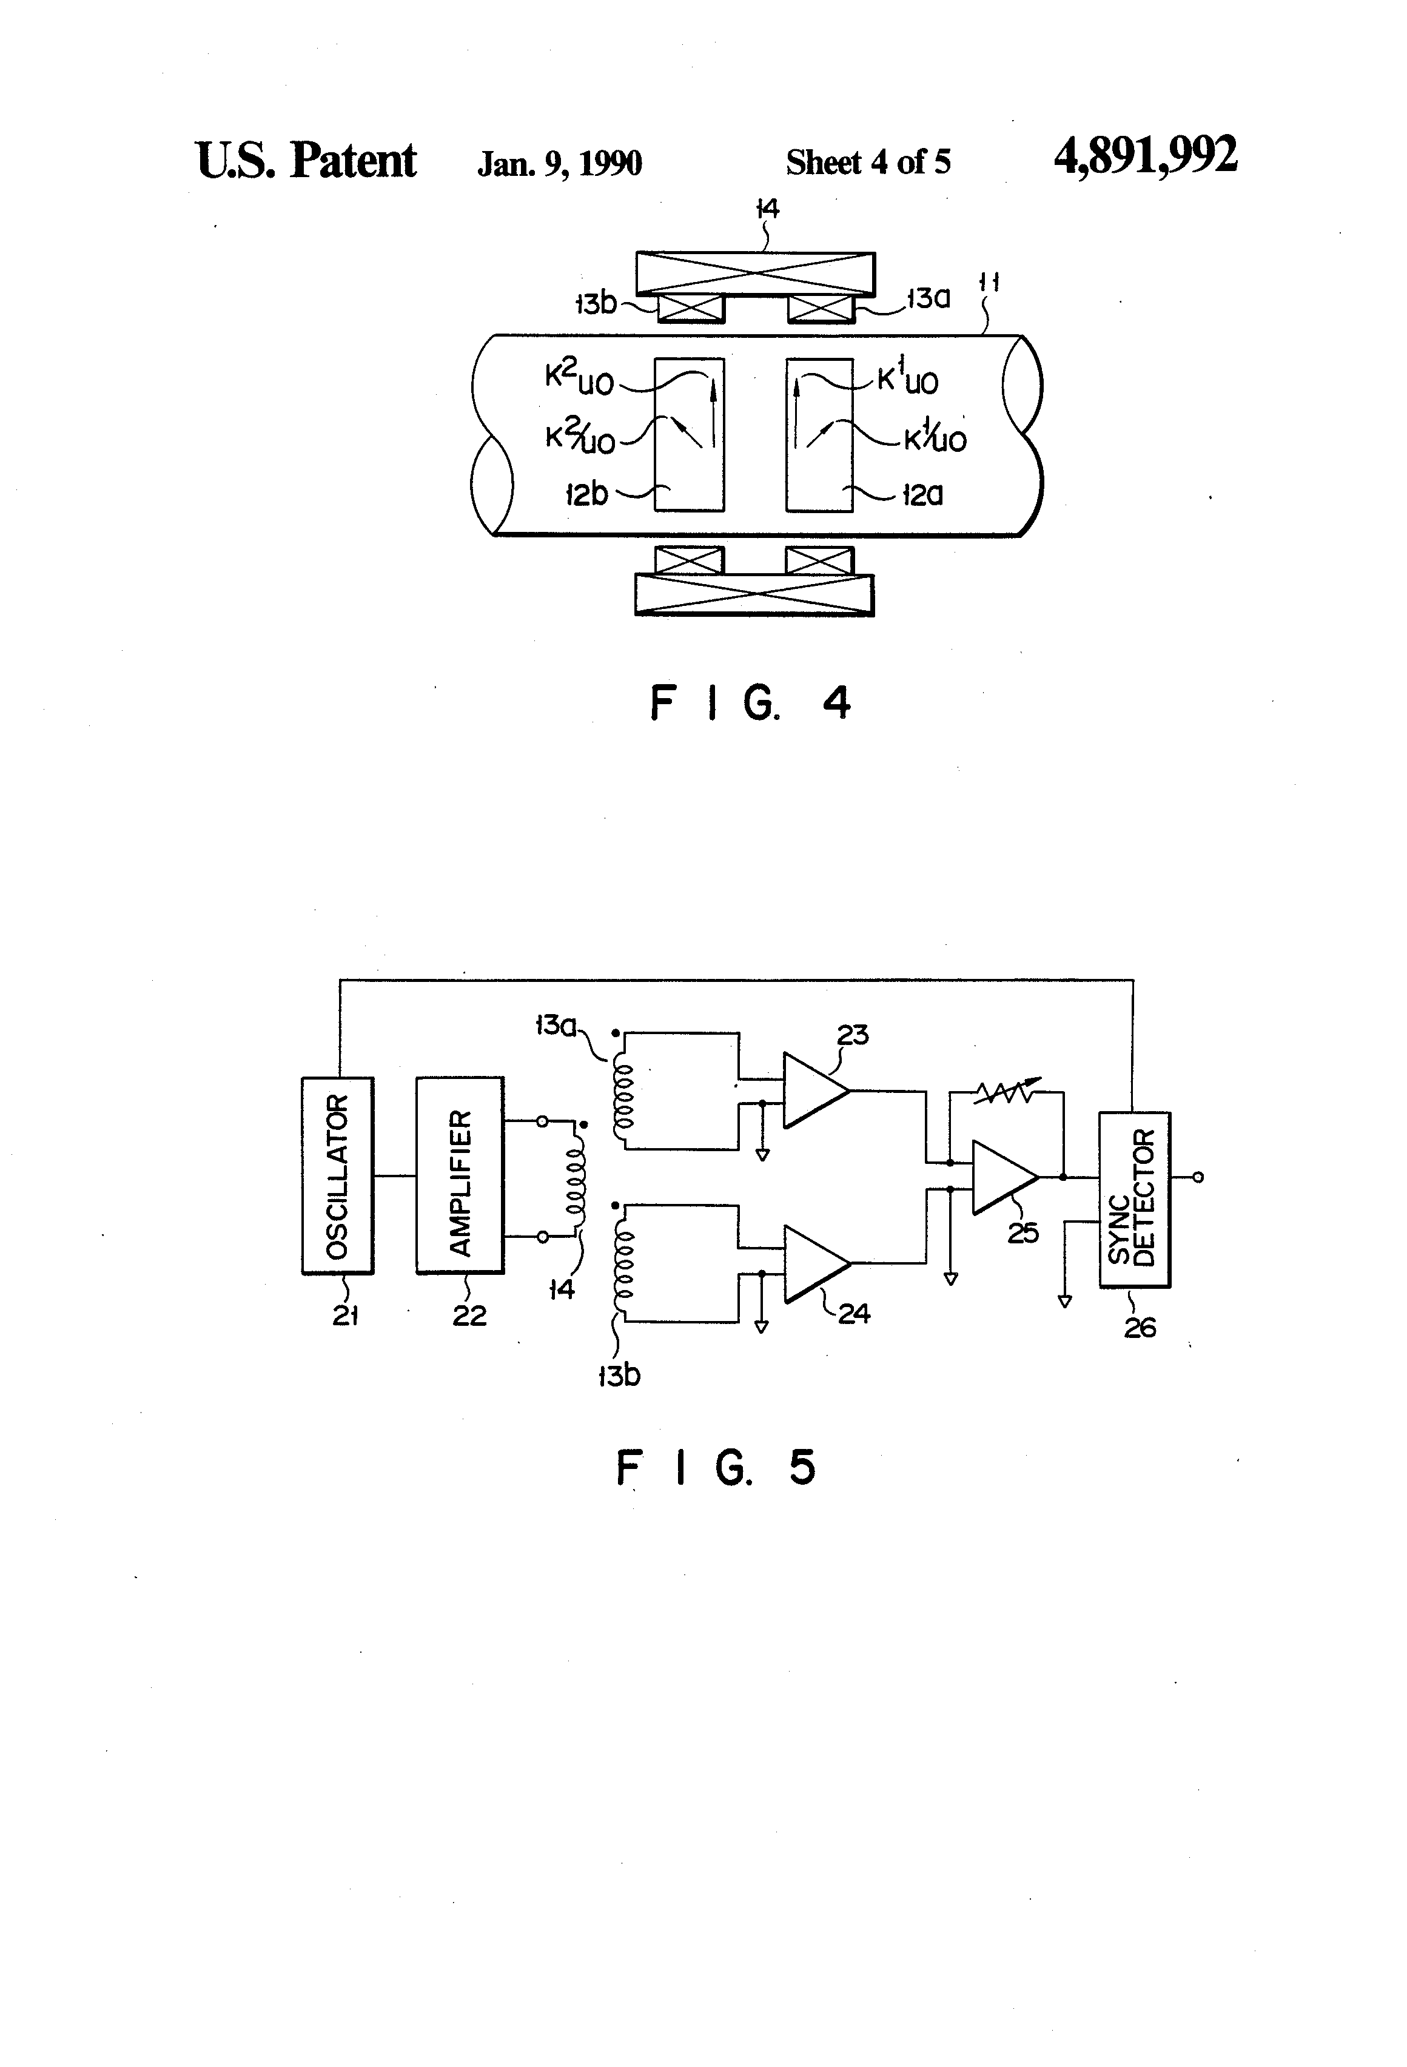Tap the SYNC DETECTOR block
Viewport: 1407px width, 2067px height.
pos(1134,1199)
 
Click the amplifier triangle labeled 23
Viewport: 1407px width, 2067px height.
pos(810,1091)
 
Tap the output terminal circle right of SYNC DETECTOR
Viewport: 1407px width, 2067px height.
pos(1198,1178)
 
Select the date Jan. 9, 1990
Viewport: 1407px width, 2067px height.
pos(559,163)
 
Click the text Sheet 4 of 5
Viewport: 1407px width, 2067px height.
pos(868,162)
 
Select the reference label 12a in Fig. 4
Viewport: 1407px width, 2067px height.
pos(922,494)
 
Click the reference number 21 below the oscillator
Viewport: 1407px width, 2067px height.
pos(345,1316)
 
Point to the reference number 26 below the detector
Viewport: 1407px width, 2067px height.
pos(1140,1327)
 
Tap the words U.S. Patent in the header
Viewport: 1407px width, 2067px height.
pos(306,160)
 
